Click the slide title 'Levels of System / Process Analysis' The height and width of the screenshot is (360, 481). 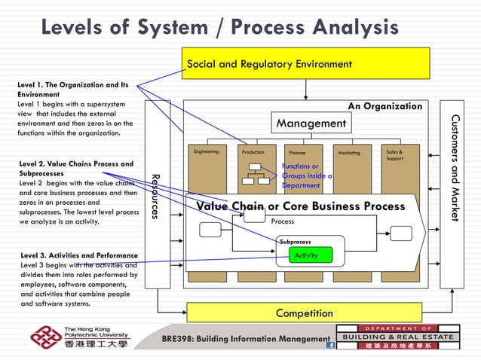tap(219, 28)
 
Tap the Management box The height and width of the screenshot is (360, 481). tap(311, 123)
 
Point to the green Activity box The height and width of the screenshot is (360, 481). tap(306, 255)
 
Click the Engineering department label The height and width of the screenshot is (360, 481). tap(206, 152)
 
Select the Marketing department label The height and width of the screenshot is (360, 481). tap(349, 153)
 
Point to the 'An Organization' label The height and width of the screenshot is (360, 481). tap(384, 107)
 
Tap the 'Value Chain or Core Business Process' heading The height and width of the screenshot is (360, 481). tap(300, 206)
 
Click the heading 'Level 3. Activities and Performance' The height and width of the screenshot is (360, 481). tap(79, 255)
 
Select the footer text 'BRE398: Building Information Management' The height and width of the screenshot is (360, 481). tap(246, 339)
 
